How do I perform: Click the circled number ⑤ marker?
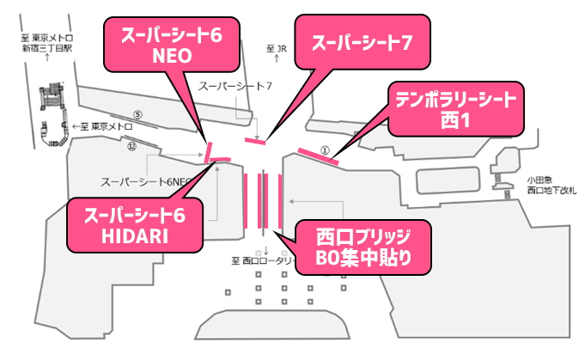click(x=137, y=114)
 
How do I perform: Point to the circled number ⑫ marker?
click(x=131, y=146)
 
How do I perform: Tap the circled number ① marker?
click(x=325, y=148)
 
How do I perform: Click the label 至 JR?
click(x=276, y=49)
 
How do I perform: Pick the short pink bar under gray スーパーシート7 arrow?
click(x=251, y=139)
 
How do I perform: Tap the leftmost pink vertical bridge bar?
click(x=247, y=200)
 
